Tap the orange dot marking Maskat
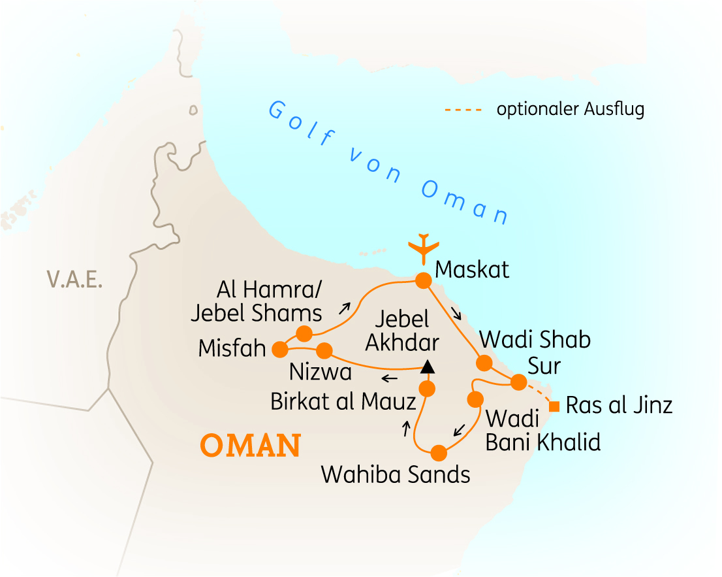(423, 280)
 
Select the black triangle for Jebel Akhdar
(427, 367)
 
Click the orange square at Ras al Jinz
(554, 406)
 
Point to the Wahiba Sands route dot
(439, 452)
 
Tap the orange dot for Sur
(518, 382)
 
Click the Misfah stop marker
(279, 350)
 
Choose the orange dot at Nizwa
(324, 350)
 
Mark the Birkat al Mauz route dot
(426, 389)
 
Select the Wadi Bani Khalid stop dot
(475, 398)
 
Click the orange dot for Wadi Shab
(484, 363)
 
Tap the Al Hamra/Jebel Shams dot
(304, 334)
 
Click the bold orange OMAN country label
(250, 446)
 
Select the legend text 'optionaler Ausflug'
(570, 109)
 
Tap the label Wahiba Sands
(396, 474)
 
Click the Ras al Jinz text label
(619, 406)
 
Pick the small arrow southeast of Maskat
(456, 314)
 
